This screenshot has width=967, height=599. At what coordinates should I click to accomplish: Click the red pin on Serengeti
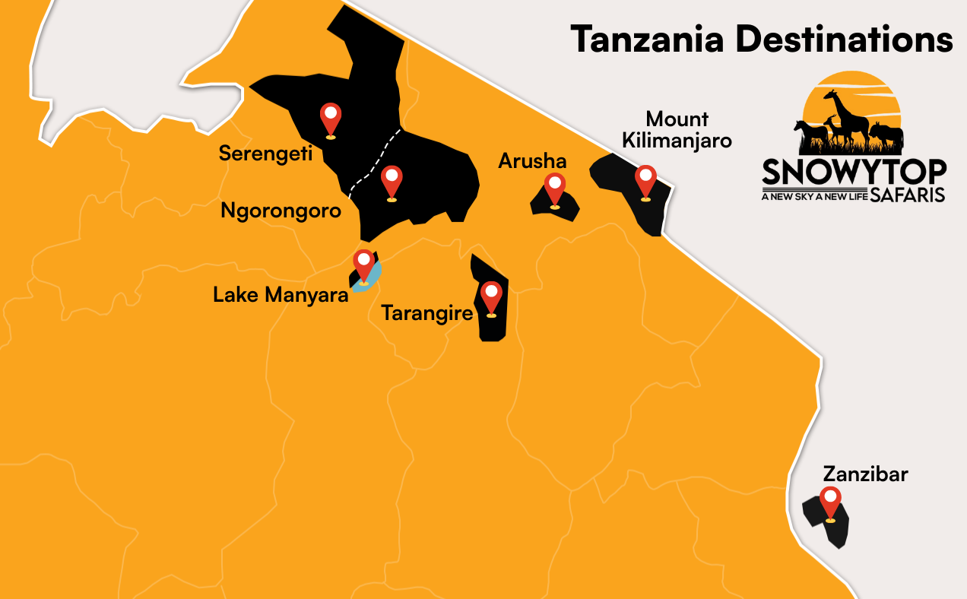pos(330,118)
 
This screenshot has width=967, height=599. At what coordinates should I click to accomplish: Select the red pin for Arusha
pos(555,188)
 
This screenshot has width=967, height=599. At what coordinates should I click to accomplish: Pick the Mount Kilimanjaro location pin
pos(645,180)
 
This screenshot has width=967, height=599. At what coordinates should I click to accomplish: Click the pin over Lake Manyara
pos(363,265)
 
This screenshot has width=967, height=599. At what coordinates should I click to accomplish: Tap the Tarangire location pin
pos(491,296)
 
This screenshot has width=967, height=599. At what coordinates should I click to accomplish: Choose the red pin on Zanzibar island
pos(830,502)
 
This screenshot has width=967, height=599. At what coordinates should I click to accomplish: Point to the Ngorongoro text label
pos(281,211)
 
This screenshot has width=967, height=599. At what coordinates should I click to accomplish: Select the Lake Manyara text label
pos(281,294)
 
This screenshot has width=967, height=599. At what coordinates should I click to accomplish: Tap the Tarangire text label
pos(428,312)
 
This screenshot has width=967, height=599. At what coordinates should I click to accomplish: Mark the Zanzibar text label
pos(865,475)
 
